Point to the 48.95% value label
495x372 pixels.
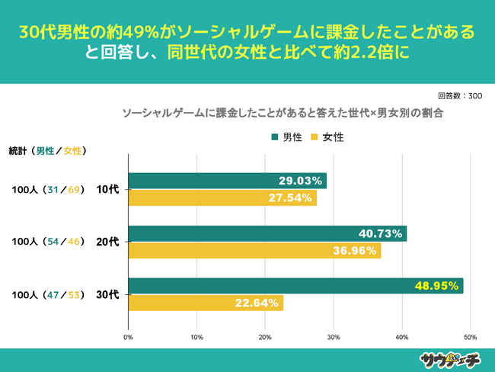[437, 287]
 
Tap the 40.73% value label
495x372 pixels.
[380, 233]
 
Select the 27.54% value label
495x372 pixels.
[290, 198]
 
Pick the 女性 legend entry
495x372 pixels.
[327, 137]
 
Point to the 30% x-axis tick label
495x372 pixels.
[334, 337]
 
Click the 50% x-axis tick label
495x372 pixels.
[470, 337]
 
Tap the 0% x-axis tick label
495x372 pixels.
[129, 337]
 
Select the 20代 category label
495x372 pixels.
[107, 242]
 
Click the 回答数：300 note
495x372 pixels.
[460, 96]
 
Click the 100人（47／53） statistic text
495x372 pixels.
[48, 294]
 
